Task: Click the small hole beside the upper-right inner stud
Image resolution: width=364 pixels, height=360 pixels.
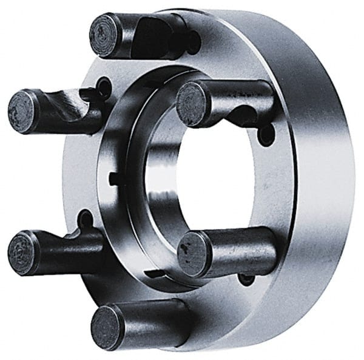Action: coord(266,135)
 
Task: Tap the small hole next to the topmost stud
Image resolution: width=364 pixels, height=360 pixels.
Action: coord(193,42)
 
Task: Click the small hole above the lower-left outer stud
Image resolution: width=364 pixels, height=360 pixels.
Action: coord(86,219)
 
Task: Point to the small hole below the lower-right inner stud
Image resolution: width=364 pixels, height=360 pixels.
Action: coord(246,279)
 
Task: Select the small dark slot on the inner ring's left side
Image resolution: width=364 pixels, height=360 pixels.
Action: coord(115,178)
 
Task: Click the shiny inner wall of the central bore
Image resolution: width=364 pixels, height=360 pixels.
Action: coord(159,182)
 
